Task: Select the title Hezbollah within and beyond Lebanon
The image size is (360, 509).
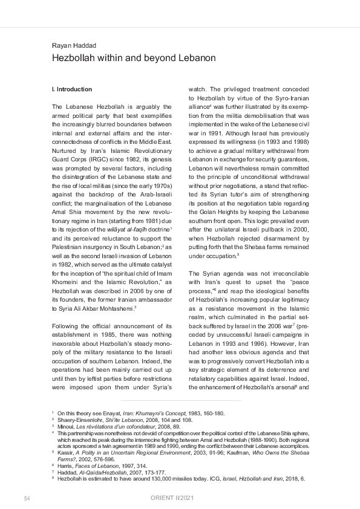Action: coord(133,58)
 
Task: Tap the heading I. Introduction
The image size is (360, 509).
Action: coord(72,89)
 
